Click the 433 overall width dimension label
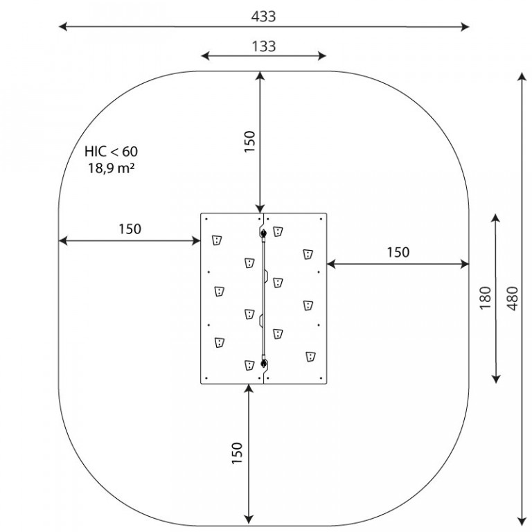pos(263,17)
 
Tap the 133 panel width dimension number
pos(264,46)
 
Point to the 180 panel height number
pos(486,298)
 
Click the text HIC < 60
pos(111,151)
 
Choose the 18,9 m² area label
pos(112,168)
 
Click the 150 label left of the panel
pos(130,229)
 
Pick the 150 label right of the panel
pos(398,252)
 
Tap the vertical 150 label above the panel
pos(249,142)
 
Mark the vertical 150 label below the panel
pos(237,453)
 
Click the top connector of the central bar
pos(263,233)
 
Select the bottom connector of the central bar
pos(263,363)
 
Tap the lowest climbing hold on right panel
pos(310,357)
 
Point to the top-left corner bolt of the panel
pos(206,219)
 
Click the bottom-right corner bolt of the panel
pos(321,378)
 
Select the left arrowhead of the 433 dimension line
pos(63,26)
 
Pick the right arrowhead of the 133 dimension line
pos(322,56)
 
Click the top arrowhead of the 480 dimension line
pos(522,76)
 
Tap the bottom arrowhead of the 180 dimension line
pos(496,379)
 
